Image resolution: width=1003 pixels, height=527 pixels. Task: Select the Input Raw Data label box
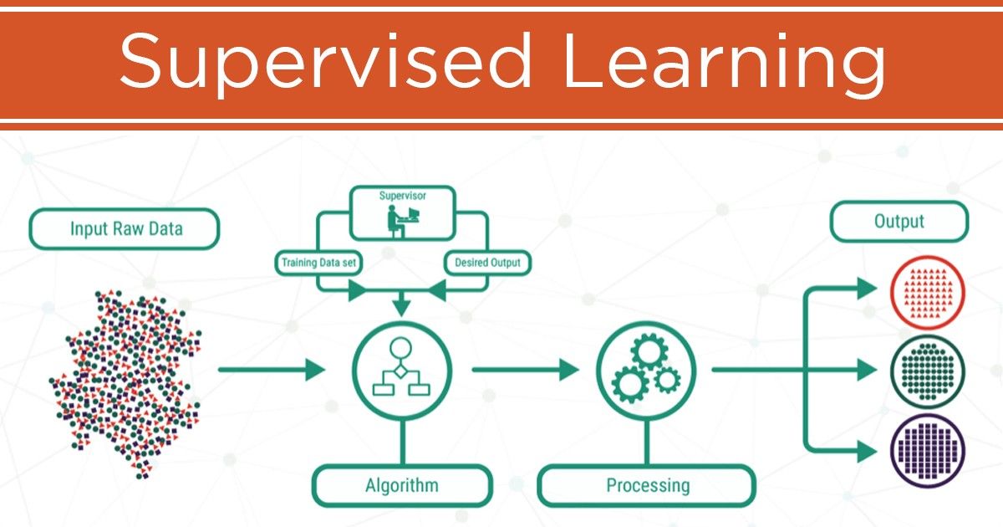124,228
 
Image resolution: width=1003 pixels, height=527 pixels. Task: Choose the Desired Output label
487,263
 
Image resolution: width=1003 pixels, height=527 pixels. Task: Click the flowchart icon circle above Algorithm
402,369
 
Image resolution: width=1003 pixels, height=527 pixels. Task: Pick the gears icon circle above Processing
646,369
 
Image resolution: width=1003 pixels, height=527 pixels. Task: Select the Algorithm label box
401,485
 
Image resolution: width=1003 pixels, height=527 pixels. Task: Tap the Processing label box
648,485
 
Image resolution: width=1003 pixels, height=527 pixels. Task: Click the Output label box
899,222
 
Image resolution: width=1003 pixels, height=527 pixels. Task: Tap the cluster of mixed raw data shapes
125,381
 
